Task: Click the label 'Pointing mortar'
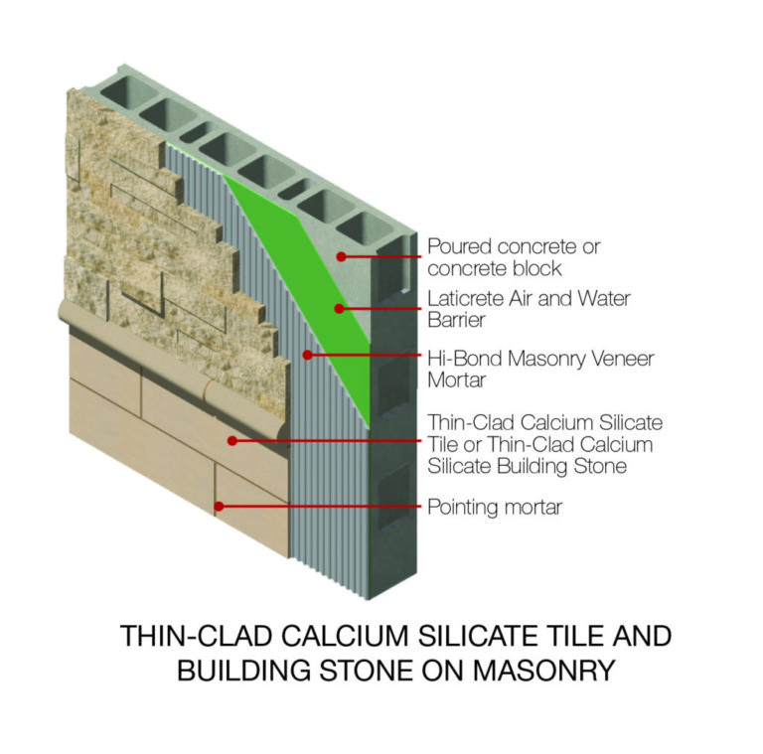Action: click(x=494, y=508)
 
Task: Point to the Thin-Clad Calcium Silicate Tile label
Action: click(x=544, y=444)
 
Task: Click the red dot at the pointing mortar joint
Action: click(x=220, y=507)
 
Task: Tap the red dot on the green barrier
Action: click(x=339, y=308)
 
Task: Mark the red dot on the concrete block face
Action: click(x=341, y=256)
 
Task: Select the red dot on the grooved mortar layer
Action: click(x=307, y=354)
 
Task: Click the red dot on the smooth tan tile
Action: click(x=231, y=439)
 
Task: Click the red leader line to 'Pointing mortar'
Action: click(x=318, y=507)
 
